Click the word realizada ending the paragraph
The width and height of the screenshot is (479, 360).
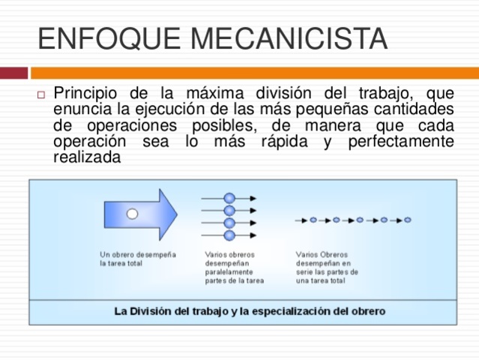coord(86,157)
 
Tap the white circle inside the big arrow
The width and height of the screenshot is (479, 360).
coord(132,214)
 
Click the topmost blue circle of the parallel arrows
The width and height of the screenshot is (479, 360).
coord(229,198)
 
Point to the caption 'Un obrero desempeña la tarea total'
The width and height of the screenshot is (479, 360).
coord(137,259)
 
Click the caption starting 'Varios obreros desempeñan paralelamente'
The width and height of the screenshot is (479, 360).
coord(234,268)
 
